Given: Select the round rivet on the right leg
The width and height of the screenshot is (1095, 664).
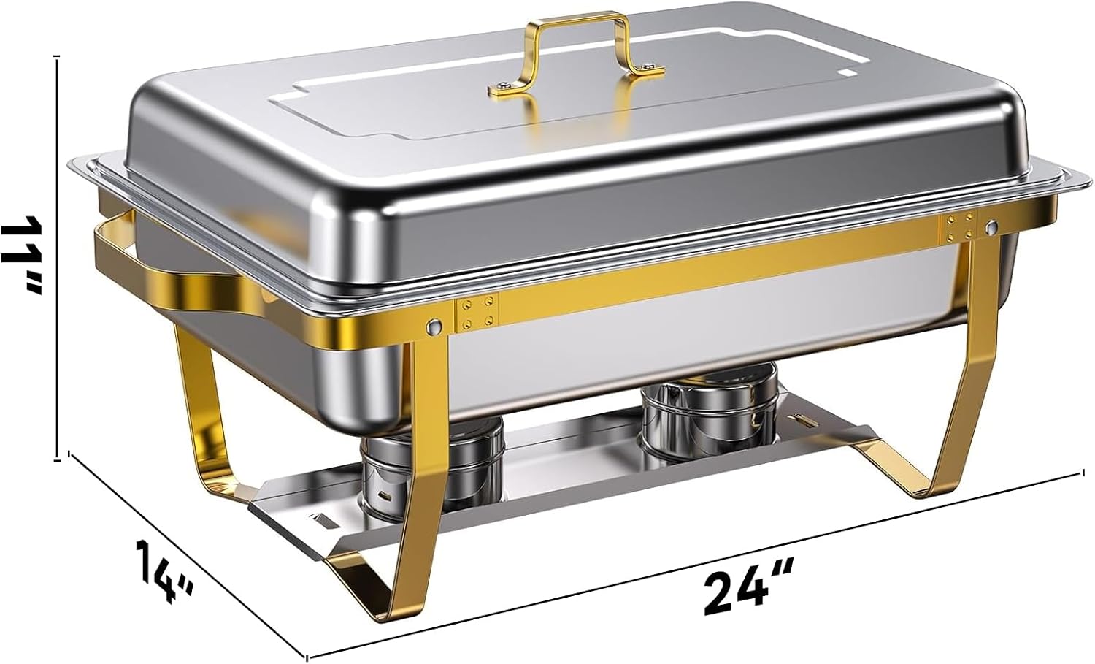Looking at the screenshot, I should (x=991, y=227).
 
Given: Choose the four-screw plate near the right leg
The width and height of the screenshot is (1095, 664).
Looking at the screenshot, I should (x=959, y=226).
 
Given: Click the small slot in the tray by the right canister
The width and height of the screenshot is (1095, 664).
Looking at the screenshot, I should (x=803, y=421).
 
